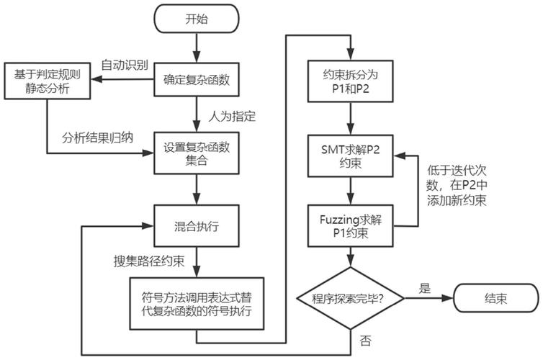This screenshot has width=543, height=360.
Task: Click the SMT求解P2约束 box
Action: tap(350, 155)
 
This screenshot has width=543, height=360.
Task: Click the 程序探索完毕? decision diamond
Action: tap(350, 297)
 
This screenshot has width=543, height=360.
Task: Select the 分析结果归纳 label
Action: tap(97, 137)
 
